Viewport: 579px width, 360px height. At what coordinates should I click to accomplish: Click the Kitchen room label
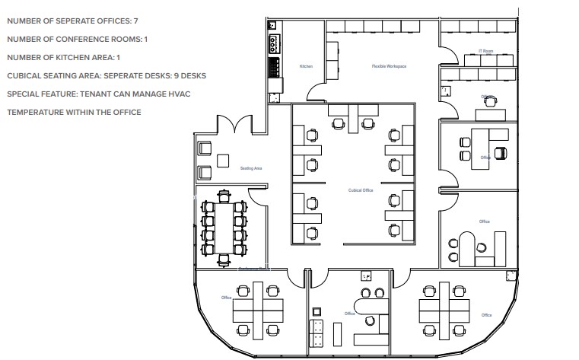[x=306, y=66]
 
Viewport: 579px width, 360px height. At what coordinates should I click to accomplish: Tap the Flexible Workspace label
[x=388, y=66]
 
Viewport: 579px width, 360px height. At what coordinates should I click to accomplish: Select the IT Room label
[x=485, y=51]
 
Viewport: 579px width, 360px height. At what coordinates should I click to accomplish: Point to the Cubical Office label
[x=360, y=190]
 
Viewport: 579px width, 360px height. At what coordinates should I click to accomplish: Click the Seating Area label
[x=251, y=167]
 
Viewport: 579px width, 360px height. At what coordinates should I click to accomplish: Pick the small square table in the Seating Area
[x=223, y=161]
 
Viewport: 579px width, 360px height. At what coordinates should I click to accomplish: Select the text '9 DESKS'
[x=192, y=75]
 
